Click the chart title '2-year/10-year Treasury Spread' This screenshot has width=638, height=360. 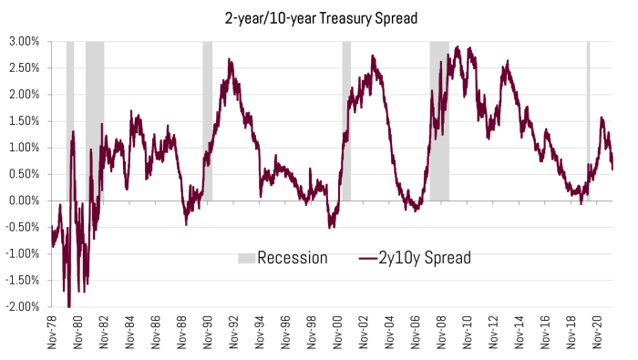click(x=318, y=17)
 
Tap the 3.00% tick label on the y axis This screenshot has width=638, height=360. click(x=24, y=42)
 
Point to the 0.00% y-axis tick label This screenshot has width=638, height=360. click(x=24, y=201)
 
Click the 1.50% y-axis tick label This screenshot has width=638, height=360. click(x=24, y=121)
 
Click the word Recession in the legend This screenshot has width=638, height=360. click(x=292, y=258)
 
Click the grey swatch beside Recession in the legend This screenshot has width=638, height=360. click(x=246, y=258)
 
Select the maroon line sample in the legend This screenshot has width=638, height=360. click(x=368, y=258)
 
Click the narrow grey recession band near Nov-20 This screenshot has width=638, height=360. click(x=588, y=118)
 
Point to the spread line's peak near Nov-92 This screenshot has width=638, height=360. click(x=231, y=60)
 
